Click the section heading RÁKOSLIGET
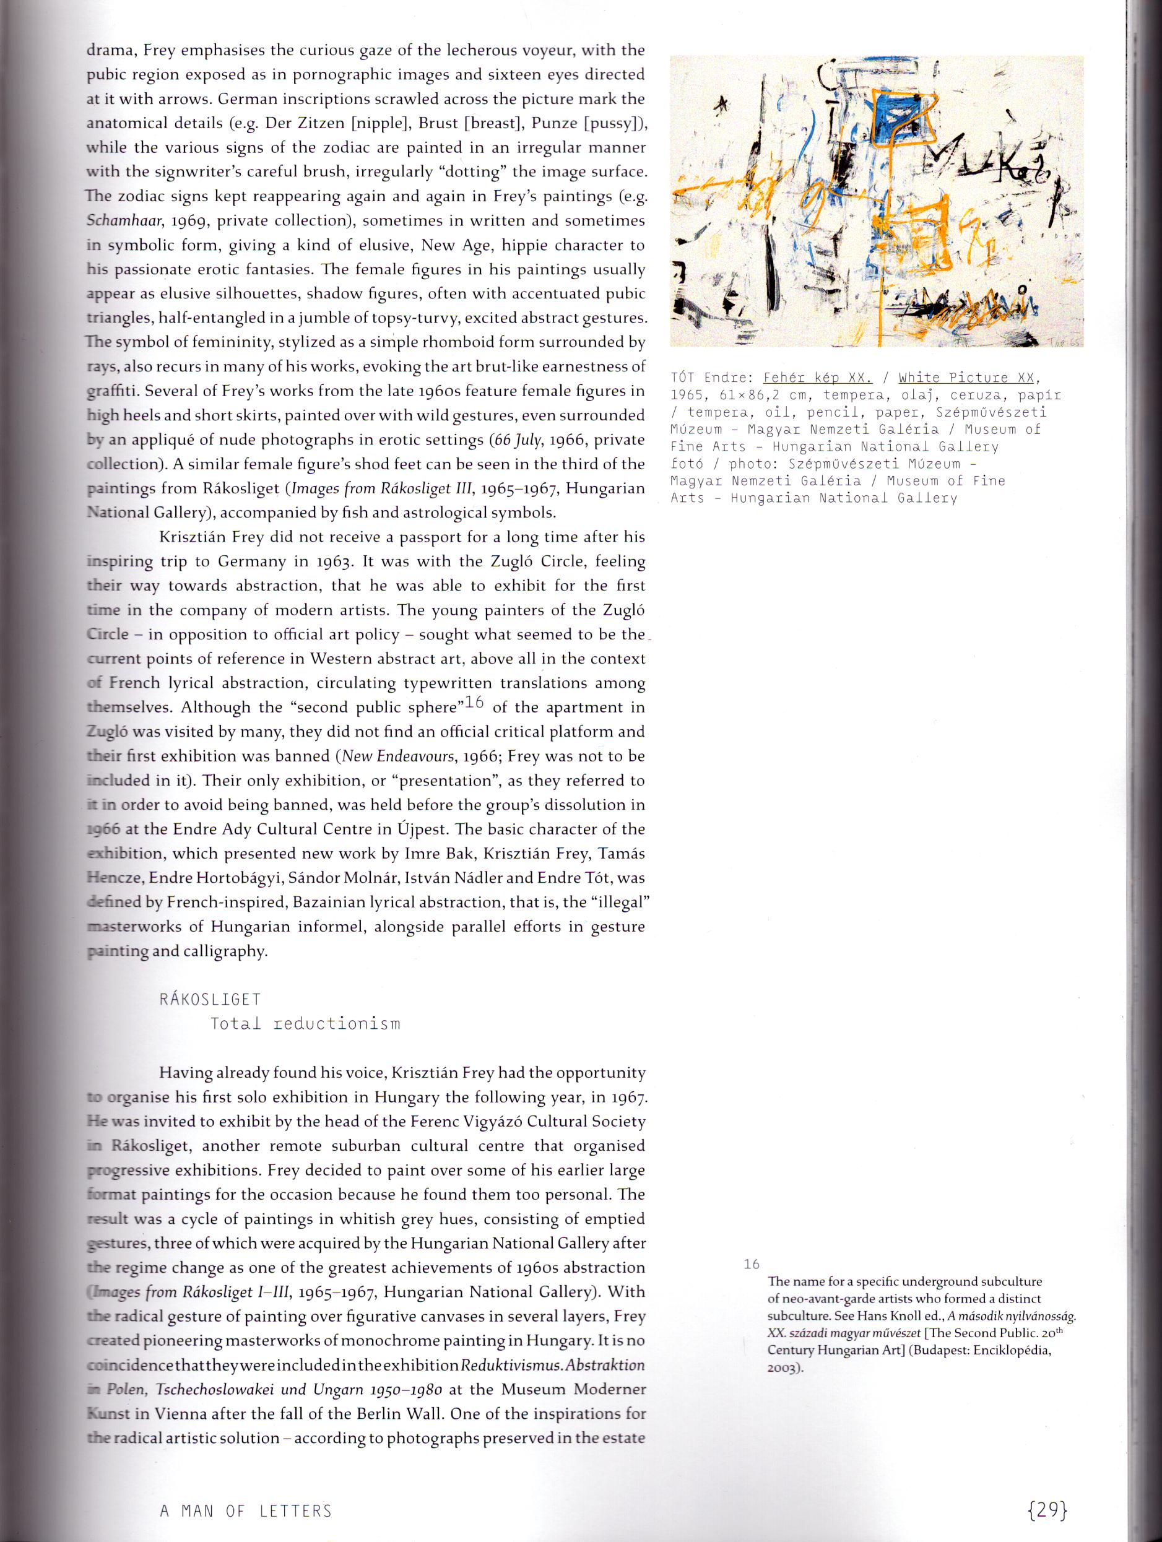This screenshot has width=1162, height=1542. coord(210,999)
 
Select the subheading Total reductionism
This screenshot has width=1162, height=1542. coord(305,1023)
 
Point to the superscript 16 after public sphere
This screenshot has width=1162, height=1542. coord(474,703)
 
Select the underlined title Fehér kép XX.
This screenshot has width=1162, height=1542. coord(818,378)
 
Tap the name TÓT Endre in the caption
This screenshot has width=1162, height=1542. coord(710,378)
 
